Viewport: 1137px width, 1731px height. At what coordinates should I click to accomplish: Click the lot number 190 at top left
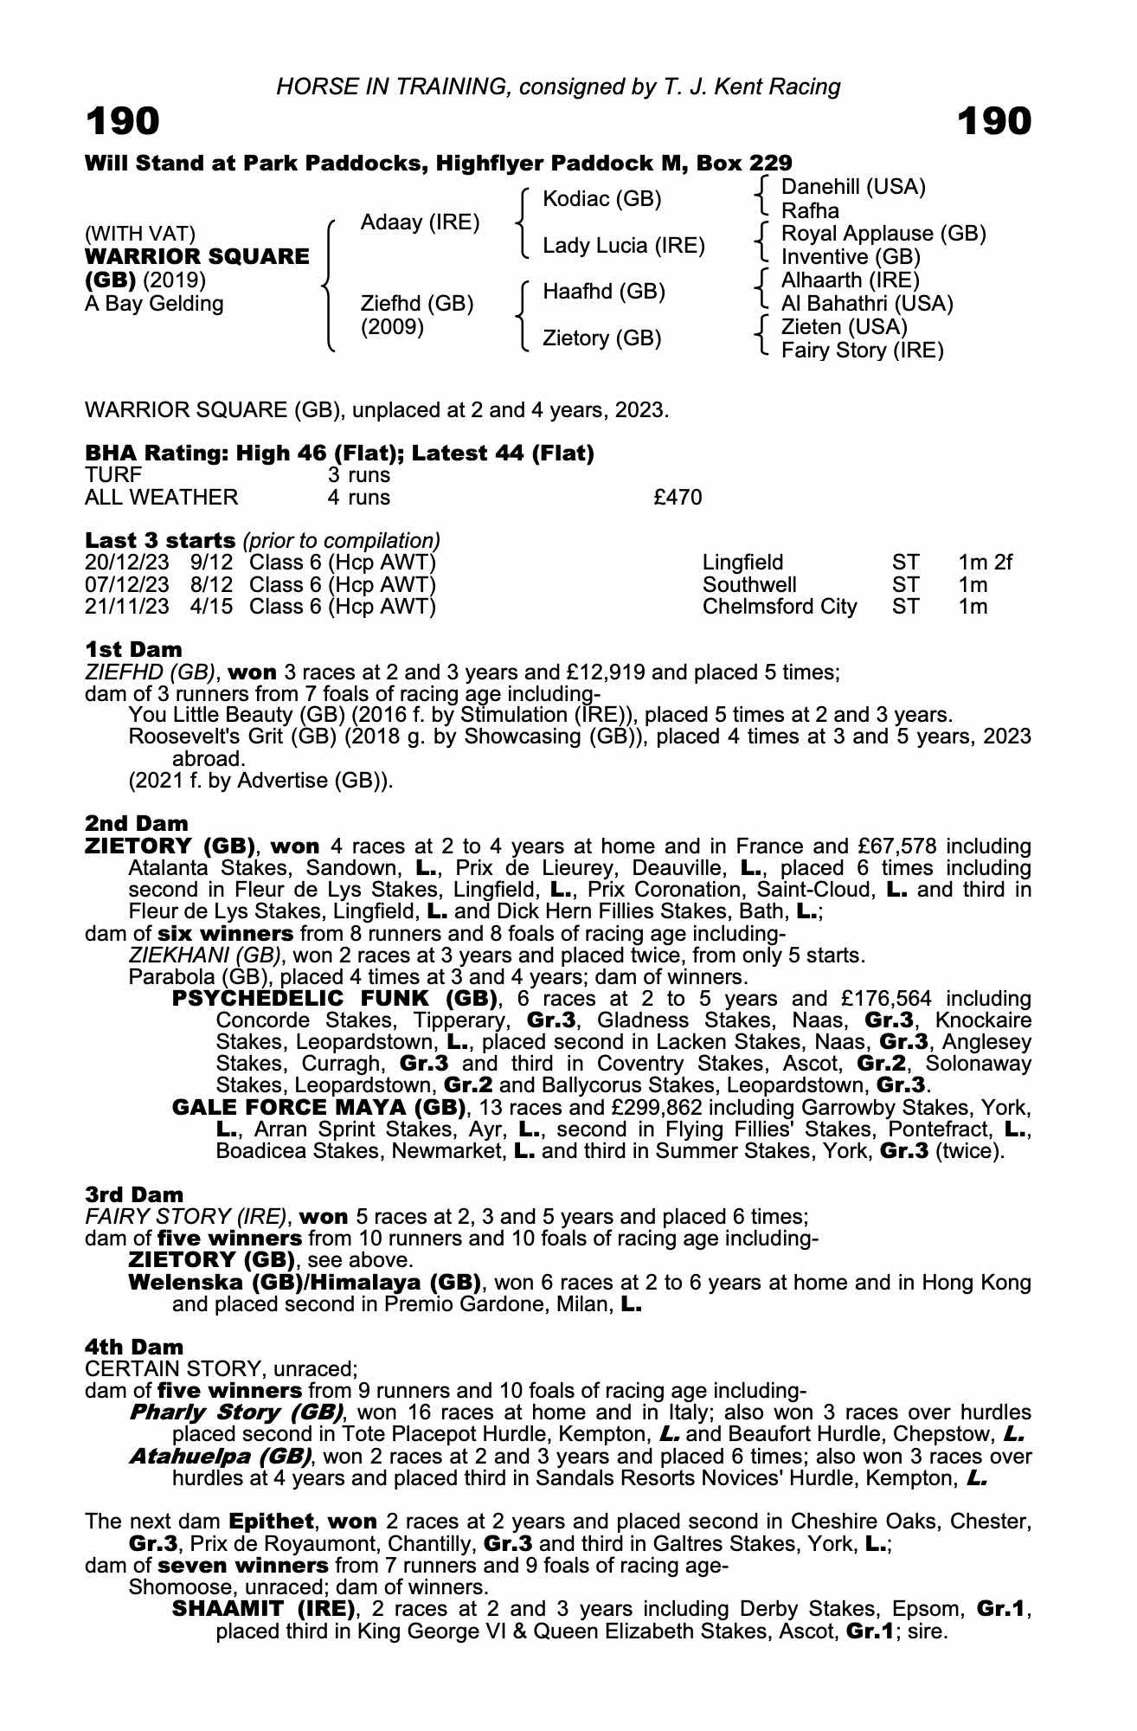point(123,121)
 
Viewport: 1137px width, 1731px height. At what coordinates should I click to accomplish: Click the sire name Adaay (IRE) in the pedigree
point(420,222)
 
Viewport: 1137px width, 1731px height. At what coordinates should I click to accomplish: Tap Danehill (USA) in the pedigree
point(853,187)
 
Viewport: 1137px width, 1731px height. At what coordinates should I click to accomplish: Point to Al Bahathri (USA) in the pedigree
point(867,304)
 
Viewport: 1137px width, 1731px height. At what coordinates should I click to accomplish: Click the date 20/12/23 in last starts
point(127,563)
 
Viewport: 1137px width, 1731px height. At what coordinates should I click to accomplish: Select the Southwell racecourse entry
point(749,585)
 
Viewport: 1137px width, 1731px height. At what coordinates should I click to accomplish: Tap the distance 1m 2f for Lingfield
point(985,563)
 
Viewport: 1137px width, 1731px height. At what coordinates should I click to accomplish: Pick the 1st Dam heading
point(133,649)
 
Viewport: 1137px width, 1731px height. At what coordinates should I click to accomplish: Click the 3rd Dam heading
point(134,1195)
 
